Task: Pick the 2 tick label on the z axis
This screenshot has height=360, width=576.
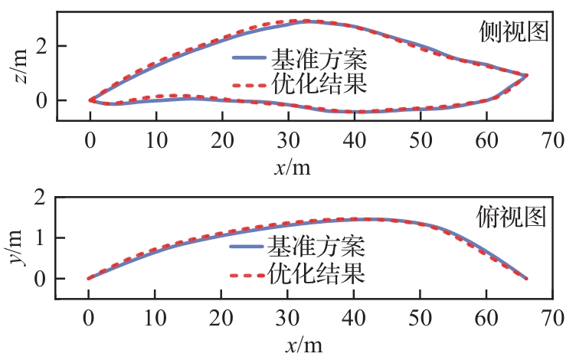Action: coord(43,45)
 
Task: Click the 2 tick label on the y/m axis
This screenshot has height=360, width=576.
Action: coord(43,198)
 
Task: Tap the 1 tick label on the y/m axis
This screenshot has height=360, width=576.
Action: coord(43,238)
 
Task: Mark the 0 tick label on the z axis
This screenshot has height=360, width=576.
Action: coord(43,100)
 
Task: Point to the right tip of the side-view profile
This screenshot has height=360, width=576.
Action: coord(527,75)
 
